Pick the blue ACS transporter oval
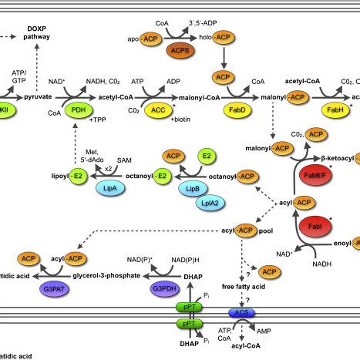click(x=240, y=312)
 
